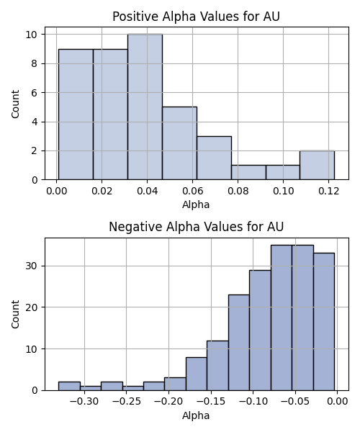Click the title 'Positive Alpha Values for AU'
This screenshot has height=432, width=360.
[196, 17]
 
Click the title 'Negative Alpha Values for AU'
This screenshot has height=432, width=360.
[196, 227]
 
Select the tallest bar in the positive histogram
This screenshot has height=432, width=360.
[145, 107]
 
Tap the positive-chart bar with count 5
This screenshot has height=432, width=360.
[179, 143]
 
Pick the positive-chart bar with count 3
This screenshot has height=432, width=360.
[214, 158]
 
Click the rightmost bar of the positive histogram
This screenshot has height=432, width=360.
[318, 166]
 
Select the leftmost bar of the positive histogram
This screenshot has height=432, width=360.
[76, 114]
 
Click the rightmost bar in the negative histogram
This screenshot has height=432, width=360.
[324, 322]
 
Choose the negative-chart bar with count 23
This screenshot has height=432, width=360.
[239, 343]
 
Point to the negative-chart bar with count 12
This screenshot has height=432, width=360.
[217, 366]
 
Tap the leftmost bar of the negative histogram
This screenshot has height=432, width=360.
[69, 386]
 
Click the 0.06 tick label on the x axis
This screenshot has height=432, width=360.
[192, 191]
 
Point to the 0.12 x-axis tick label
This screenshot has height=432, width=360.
[328, 191]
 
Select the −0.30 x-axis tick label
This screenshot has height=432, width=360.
[84, 402]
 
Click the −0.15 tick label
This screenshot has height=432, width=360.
[211, 402]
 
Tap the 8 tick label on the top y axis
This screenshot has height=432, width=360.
[34, 63]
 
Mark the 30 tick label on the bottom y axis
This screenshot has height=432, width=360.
[32, 266]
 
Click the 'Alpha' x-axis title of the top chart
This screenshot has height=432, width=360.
[196, 204]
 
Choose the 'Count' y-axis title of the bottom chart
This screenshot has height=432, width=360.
[15, 315]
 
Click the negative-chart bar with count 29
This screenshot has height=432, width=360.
[260, 330]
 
